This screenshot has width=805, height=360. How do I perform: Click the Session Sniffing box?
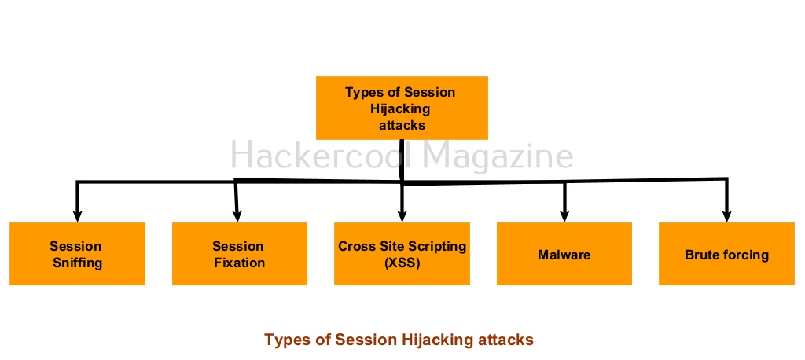click(x=78, y=254)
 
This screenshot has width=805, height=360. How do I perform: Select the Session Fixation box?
click(x=240, y=254)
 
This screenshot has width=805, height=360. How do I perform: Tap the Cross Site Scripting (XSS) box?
click(x=402, y=254)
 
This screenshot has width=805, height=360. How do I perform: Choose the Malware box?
click(x=564, y=254)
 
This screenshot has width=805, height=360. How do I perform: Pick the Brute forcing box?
click(x=726, y=254)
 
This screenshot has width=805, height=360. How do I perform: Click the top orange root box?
click(x=402, y=108)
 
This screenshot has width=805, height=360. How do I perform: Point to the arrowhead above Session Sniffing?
click(x=77, y=215)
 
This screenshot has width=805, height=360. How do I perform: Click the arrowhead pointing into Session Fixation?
click(x=237, y=215)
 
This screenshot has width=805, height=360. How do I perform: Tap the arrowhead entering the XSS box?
click(x=402, y=215)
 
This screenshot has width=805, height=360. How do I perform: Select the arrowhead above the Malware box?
click(x=564, y=215)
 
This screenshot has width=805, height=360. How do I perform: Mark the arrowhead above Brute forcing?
click(x=726, y=215)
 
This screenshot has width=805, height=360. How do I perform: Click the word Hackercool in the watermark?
click(x=322, y=155)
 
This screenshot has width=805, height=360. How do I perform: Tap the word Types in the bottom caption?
click(x=285, y=340)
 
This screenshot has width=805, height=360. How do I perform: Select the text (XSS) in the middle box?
click(x=402, y=263)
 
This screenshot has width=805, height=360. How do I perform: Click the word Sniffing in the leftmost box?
click(x=78, y=263)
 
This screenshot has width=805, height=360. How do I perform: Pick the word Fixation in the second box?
click(x=240, y=263)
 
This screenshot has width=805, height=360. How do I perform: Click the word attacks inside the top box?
click(x=402, y=125)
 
